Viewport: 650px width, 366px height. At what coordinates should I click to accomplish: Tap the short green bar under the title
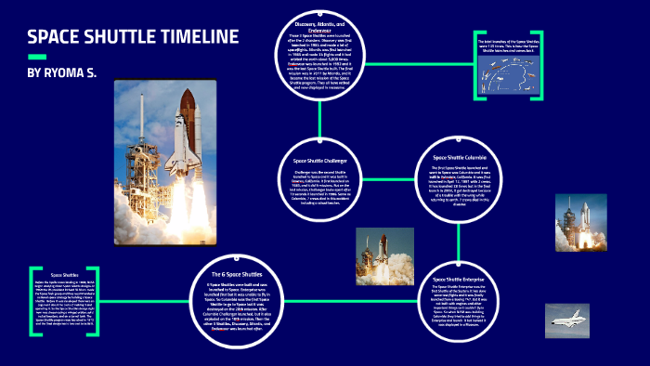point(37,57)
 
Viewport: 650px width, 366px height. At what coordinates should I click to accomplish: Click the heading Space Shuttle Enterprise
point(458,278)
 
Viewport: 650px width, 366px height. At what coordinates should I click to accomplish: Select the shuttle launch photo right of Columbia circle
point(572,224)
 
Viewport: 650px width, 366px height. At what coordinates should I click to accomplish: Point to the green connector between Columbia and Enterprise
point(456,242)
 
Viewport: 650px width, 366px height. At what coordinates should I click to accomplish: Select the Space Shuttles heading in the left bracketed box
point(64,276)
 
